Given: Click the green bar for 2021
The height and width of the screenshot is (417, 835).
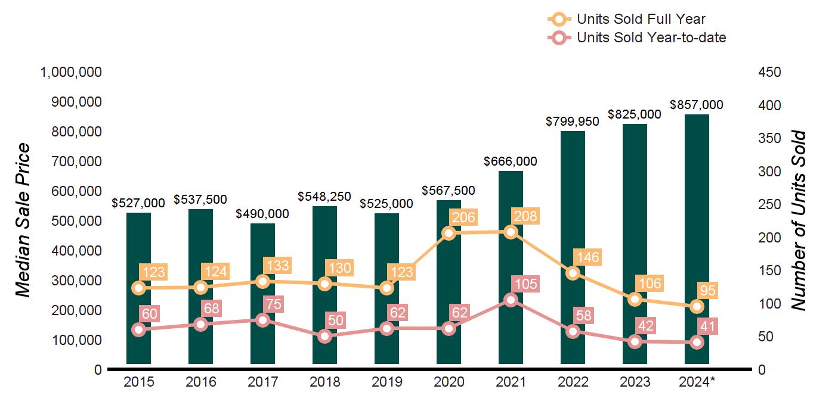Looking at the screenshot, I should tap(511, 268).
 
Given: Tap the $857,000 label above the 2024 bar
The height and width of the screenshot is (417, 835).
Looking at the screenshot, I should tap(697, 105).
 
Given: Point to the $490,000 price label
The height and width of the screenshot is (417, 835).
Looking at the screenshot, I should tap(262, 214).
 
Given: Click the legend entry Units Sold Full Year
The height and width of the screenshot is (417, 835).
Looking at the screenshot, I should tap(641, 19).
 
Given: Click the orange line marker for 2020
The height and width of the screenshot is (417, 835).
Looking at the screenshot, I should tap(449, 233).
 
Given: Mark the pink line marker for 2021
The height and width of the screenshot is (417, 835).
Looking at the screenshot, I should tap(511, 300).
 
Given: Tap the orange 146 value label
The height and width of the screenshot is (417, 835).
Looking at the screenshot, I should tap(587, 257).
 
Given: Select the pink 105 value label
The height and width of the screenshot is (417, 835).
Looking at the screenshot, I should tap(525, 284).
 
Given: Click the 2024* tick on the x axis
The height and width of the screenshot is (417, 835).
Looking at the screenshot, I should tap(697, 382).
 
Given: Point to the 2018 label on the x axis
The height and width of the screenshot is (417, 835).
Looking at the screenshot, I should tap(324, 382).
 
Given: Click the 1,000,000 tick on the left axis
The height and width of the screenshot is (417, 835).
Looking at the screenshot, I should tap(70, 72).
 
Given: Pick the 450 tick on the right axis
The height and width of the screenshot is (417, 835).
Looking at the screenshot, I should tap(769, 72).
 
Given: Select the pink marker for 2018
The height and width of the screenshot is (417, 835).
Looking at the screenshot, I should tap(325, 336).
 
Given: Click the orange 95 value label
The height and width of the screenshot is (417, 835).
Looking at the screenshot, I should tap(709, 291).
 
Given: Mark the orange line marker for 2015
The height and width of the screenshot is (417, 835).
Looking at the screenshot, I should tap(139, 288).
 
